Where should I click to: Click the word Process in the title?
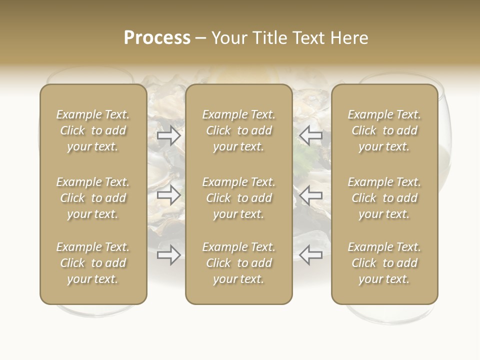coord(157,38)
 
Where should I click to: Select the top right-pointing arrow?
coord(168,135)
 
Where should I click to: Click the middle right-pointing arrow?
coord(168,195)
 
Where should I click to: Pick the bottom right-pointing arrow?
coord(168,255)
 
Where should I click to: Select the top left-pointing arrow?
coord(310,135)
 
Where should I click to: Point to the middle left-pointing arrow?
coord(310,195)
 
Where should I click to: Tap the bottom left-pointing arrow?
coord(310,255)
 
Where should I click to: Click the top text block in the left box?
coord(93,130)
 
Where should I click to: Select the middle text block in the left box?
coord(93,198)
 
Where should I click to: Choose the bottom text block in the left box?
coord(93,263)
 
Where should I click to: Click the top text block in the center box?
coord(238,130)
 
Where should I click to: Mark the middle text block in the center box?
coord(238,198)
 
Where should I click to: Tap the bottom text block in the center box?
coord(238,263)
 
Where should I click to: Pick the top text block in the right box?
coord(384,130)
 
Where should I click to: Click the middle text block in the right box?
coord(384,198)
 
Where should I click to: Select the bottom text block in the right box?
coord(384,263)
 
